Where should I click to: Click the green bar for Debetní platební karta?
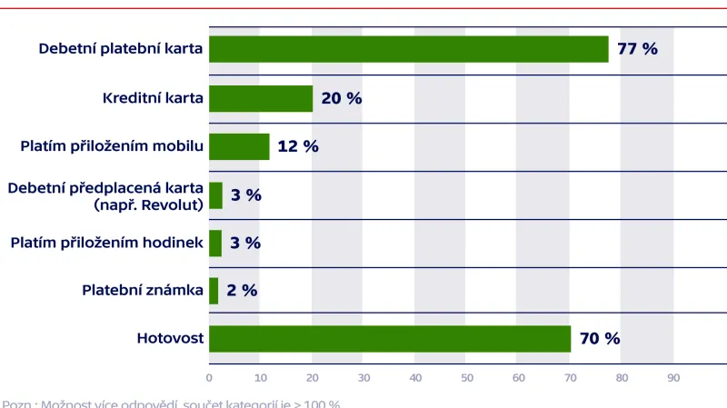point(409,49)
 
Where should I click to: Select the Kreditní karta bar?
point(261,98)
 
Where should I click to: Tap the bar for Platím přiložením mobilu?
point(239,146)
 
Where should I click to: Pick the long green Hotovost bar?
point(390,339)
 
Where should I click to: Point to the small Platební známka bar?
point(214,291)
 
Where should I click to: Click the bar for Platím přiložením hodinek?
point(215,243)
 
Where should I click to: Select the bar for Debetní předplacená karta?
point(215,194)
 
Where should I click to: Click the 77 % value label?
point(637,49)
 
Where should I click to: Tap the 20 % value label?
point(342,98)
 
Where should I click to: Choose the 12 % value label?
point(298,146)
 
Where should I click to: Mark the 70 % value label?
point(600,339)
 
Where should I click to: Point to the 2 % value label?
point(242,291)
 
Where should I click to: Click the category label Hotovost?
point(170,339)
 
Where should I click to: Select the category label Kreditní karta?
point(153,98)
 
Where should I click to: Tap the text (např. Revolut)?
point(148,204)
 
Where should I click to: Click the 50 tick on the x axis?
point(466,377)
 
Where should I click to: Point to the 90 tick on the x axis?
point(672,377)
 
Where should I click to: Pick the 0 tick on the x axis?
point(209,377)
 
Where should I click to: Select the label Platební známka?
point(143,291)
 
